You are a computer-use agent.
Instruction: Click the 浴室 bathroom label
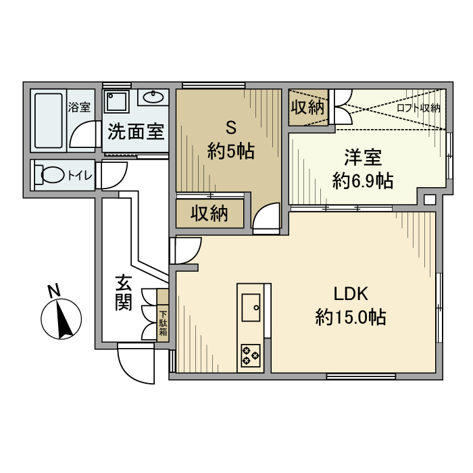coord(79,107)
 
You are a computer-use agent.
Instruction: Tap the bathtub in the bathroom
coord(49,120)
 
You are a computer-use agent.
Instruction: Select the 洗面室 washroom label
coord(136,132)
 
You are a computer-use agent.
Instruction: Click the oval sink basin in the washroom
coord(153,97)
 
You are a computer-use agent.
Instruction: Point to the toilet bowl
coord(52,175)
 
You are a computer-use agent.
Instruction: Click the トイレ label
coord(80,176)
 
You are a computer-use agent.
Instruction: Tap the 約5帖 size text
coord(231,151)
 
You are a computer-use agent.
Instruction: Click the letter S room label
coord(231,128)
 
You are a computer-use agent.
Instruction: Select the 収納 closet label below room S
coord(209,214)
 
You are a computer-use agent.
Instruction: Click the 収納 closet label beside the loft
coord(307,107)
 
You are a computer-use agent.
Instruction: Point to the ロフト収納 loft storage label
coord(418,107)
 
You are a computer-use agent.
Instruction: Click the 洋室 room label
coord(363,157)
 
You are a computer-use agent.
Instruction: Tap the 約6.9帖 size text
coord(363,180)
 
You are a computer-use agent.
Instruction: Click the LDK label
coord(351,294)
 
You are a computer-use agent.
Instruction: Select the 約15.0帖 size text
coord(351,317)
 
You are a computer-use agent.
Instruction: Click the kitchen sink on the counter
coord(251,307)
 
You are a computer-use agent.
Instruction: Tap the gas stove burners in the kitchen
coord(251,355)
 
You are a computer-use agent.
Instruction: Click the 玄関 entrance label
coord(124,293)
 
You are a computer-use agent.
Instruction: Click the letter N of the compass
coord(54,290)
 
